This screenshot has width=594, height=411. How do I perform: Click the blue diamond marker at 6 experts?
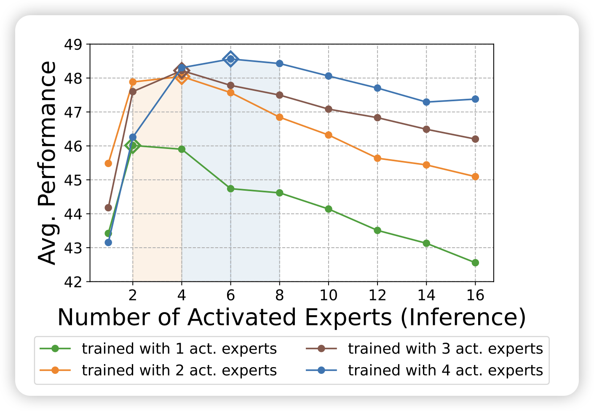230,59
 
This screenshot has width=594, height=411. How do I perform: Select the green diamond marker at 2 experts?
133,146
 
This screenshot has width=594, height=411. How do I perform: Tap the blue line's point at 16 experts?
475,99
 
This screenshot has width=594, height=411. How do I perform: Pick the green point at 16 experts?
475,263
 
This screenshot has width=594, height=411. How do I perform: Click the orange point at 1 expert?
108,163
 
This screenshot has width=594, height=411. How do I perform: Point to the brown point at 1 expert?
108,208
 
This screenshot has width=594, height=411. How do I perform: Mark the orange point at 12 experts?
377,158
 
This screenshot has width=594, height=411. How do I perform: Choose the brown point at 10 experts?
329,109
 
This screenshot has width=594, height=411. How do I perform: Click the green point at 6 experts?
230,189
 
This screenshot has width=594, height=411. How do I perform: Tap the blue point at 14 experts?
426,102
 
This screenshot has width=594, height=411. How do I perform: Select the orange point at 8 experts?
279,117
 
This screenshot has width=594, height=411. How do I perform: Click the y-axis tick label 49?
74,44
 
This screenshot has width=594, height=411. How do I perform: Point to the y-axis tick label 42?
74,282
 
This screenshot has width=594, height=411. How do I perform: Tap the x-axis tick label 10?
329,295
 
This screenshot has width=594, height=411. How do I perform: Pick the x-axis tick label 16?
475,295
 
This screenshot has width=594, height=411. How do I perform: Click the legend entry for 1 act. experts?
179,349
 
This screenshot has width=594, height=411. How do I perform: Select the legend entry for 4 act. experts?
445,370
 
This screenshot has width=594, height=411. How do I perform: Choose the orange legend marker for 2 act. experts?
55,370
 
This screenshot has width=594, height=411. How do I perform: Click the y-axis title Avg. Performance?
47,163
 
